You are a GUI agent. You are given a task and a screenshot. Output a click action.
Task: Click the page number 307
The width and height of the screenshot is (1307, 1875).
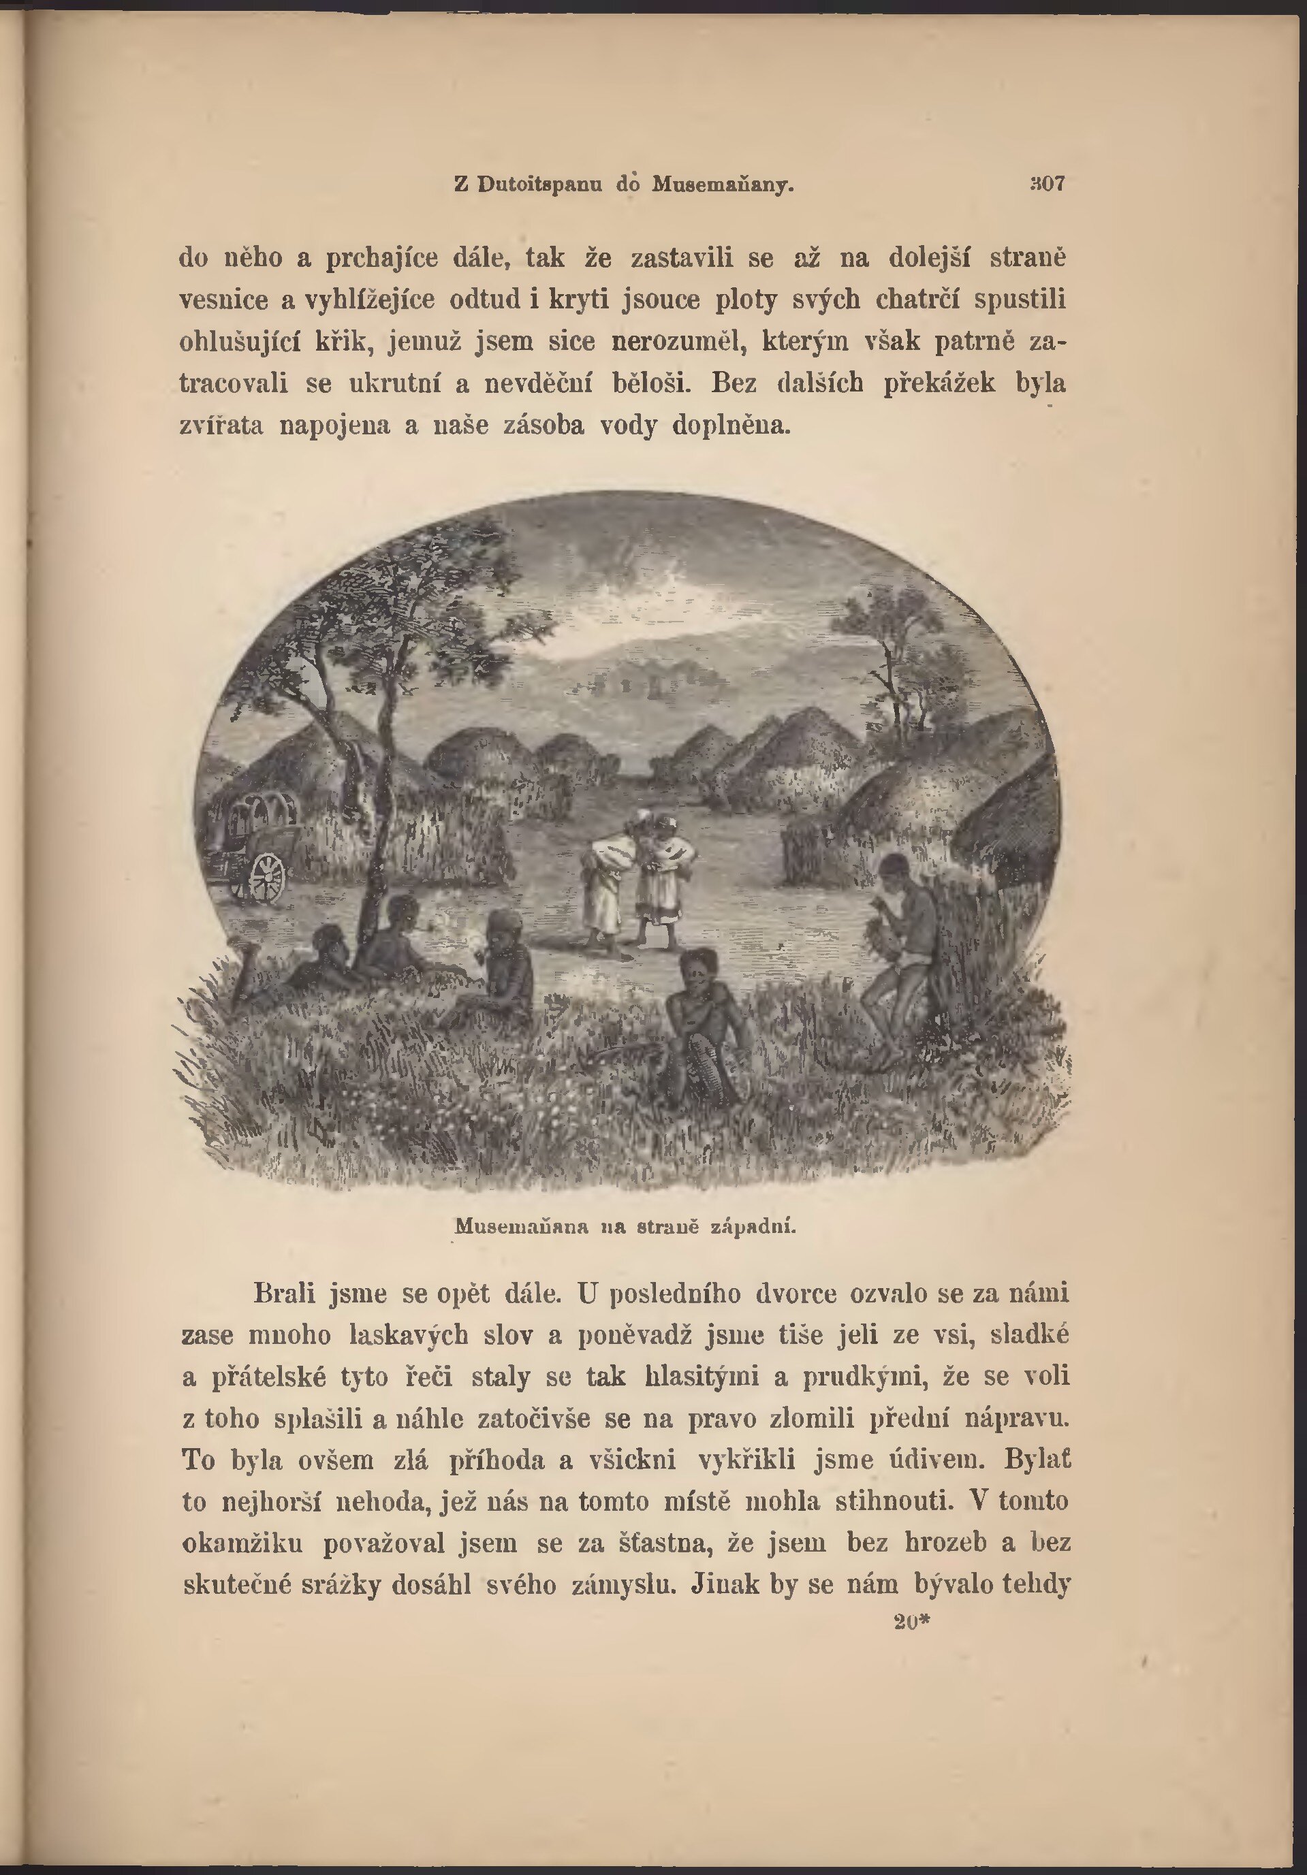(x=1048, y=184)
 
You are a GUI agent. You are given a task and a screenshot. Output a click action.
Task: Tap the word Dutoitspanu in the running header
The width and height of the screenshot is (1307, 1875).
(x=540, y=185)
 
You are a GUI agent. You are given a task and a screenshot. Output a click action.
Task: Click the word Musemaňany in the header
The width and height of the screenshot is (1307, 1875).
(x=723, y=185)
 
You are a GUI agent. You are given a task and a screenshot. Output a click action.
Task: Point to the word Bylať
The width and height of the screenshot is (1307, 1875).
(x=1037, y=1460)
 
